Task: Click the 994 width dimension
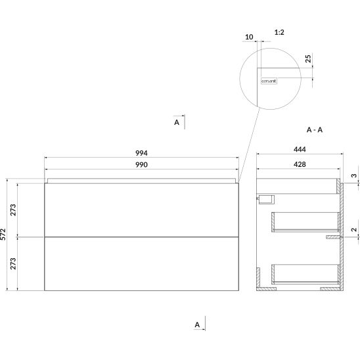pyautogui.click(x=141, y=153)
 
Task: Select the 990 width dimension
pyautogui.click(x=141, y=165)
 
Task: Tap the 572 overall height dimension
pyautogui.click(x=3, y=234)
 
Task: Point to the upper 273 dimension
pyautogui.click(x=13, y=210)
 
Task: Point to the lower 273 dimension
pyautogui.click(x=13, y=263)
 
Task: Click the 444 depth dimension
pyautogui.click(x=300, y=150)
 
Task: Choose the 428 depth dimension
pyautogui.click(x=300, y=164)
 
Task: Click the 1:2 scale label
pyautogui.click(x=279, y=32)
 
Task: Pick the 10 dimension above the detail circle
pyautogui.click(x=249, y=37)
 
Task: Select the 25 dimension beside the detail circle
pyautogui.click(x=308, y=58)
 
